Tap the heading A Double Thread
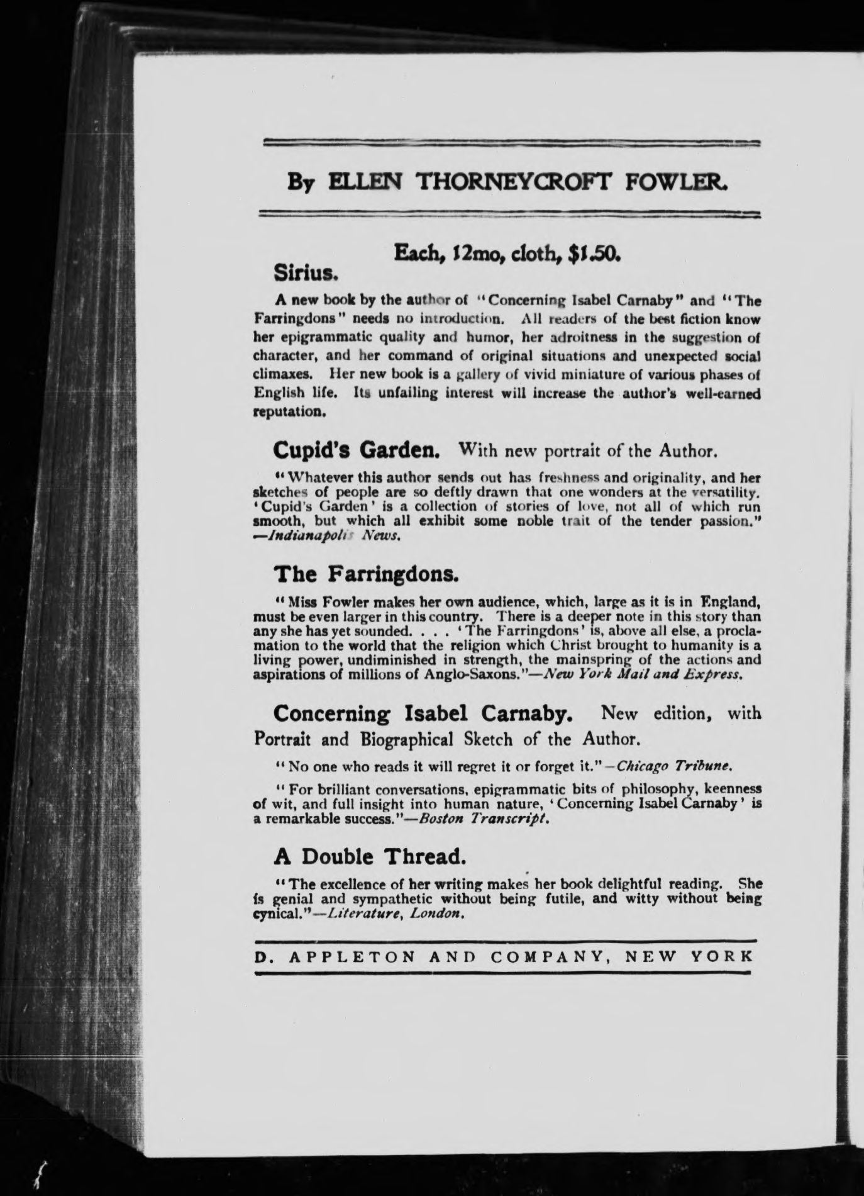(370, 856)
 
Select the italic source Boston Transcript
(509, 820)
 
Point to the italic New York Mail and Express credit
(643, 674)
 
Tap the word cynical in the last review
(274, 914)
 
